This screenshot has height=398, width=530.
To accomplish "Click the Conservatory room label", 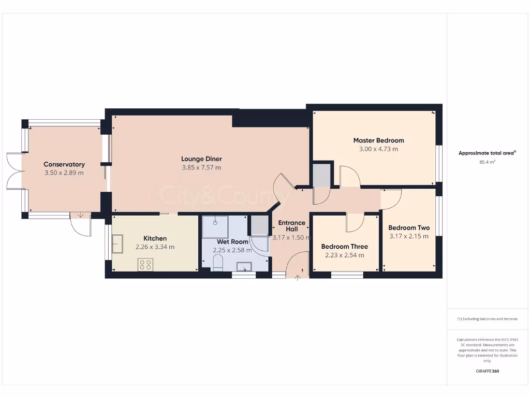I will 64,164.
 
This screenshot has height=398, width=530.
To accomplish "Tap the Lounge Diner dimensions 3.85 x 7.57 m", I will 201,167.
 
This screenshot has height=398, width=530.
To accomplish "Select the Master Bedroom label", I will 378,140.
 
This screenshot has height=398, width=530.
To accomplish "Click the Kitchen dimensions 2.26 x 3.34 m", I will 155,247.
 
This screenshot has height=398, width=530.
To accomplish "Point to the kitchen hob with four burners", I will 145,264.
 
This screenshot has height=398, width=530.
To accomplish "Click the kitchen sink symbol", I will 117,244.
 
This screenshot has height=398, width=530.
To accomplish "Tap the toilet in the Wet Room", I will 218,266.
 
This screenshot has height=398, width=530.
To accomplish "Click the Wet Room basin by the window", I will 243,267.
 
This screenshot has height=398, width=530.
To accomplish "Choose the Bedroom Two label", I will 409,228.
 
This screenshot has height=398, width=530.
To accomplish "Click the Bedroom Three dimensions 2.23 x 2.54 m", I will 344,255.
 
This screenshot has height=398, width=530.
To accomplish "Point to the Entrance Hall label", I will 292,226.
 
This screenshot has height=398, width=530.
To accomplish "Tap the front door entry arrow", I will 298,278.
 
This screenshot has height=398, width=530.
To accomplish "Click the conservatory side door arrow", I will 80,216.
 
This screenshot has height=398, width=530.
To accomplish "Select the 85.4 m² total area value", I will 487,162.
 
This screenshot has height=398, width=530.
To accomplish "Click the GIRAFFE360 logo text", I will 487,371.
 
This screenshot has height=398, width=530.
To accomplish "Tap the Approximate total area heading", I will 487,153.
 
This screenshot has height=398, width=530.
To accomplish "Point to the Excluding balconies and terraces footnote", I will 487,319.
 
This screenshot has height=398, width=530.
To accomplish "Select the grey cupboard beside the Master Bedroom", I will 321,175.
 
